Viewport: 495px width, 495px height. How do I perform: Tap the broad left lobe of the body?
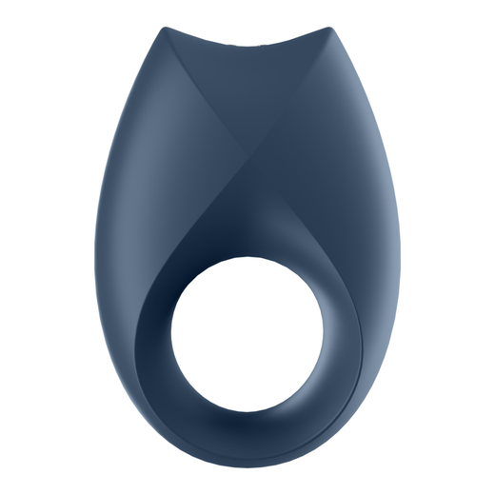click(152, 209)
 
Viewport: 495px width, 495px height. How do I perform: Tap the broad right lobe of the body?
click(343, 209)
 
